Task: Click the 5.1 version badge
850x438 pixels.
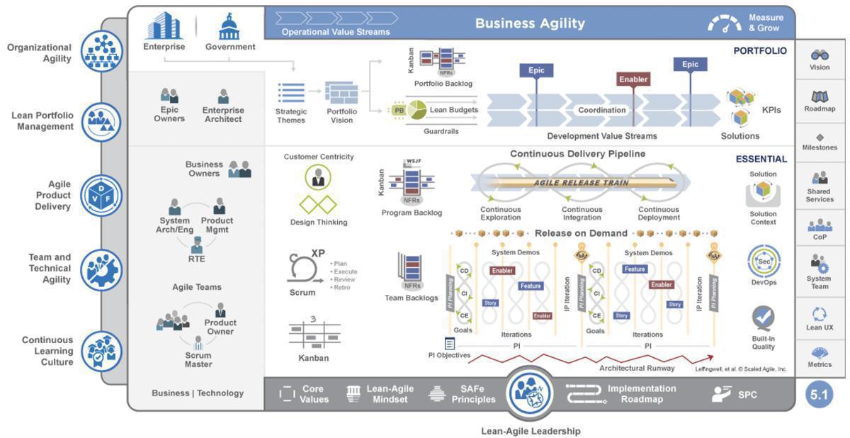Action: click(x=820, y=394)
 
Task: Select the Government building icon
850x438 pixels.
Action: click(x=229, y=27)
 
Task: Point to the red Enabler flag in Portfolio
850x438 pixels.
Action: click(x=634, y=80)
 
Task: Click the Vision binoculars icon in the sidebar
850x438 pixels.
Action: click(x=820, y=55)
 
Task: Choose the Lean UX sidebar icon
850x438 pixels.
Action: click(x=820, y=314)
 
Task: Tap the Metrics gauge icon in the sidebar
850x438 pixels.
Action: click(x=820, y=352)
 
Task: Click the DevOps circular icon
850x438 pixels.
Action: click(x=764, y=262)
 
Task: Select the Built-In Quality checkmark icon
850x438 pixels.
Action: click(x=763, y=318)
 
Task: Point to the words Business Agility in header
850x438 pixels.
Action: click(x=530, y=23)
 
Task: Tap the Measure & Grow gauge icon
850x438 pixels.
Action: click(x=724, y=24)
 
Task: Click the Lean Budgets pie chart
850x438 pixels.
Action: click(x=416, y=110)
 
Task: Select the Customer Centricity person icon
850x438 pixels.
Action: click(x=318, y=177)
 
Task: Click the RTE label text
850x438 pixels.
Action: click(x=196, y=259)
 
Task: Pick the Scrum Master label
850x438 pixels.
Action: click(x=198, y=360)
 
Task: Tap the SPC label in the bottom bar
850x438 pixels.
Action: click(x=747, y=394)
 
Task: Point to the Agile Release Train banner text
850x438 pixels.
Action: click(x=582, y=182)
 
